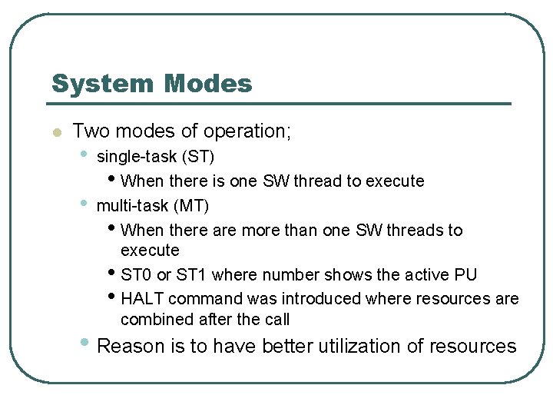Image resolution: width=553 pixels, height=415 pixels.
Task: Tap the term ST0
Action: (x=137, y=275)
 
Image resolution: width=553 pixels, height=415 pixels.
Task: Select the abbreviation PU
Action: (x=465, y=275)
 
